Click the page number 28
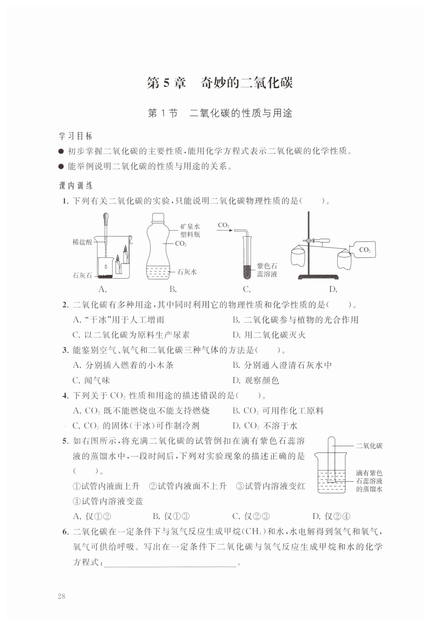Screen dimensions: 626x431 point(62,596)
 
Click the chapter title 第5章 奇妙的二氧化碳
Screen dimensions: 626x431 point(220,83)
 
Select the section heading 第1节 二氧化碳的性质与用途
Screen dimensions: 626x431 point(220,113)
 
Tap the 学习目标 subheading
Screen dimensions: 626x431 point(76,136)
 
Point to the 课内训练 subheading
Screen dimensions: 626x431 point(76,186)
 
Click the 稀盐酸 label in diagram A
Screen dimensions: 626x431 point(82,242)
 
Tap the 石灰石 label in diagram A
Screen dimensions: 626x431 point(82,275)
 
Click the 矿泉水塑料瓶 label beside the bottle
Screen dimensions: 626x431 point(190,230)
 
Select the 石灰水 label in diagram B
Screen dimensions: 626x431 point(187,272)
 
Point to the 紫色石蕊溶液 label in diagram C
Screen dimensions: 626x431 point(267,270)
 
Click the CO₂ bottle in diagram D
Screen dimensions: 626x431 point(363,250)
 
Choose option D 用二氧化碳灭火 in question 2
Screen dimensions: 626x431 point(269,335)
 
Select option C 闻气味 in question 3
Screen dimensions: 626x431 point(91,380)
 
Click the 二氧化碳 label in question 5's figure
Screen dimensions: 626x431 point(369,446)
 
